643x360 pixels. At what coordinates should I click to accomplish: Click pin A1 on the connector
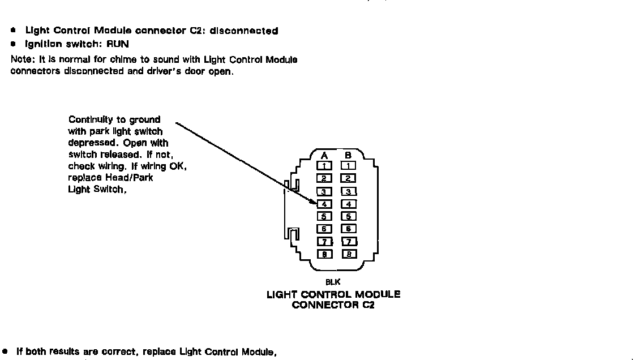tap(324, 166)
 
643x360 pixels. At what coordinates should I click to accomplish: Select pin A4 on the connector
tap(324, 204)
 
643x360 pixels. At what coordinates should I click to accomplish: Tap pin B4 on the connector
tap(349, 204)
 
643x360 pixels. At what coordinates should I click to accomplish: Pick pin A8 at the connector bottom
tap(324, 254)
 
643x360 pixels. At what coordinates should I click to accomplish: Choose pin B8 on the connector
tap(349, 254)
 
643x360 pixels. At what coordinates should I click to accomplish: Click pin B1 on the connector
tap(349, 166)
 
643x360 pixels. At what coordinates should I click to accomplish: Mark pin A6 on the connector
tap(324, 229)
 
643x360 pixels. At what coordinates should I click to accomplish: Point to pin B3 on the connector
tap(349, 191)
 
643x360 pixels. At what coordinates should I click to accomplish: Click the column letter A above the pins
tap(324, 155)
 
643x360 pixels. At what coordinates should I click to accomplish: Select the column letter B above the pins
tap(349, 155)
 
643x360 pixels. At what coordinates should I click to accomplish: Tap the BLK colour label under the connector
tap(333, 281)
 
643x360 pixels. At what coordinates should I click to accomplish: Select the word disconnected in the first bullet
tap(244, 31)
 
